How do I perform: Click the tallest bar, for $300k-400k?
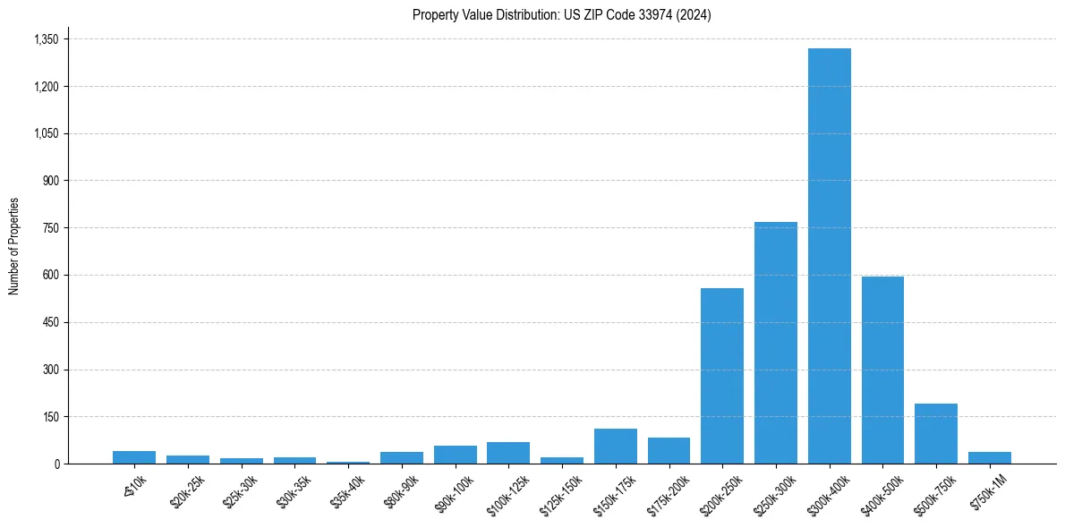pyautogui.click(x=829, y=256)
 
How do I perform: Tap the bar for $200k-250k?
pyautogui.click(x=722, y=376)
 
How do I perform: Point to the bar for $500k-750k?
pyautogui.click(x=936, y=433)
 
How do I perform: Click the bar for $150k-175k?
pyautogui.click(x=616, y=446)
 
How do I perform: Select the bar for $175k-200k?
pyautogui.click(x=669, y=450)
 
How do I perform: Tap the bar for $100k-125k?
pyautogui.click(x=508, y=453)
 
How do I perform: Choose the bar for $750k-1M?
pyautogui.click(x=989, y=457)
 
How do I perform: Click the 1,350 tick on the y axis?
pyautogui.click(x=46, y=39)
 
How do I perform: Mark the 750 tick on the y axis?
pyautogui.click(x=50, y=228)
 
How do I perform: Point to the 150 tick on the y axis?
pyautogui.click(x=50, y=417)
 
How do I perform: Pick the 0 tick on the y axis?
pyautogui.click(x=55, y=464)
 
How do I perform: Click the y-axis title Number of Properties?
pyautogui.click(x=14, y=246)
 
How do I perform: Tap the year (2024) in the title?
pyautogui.click(x=694, y=14)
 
